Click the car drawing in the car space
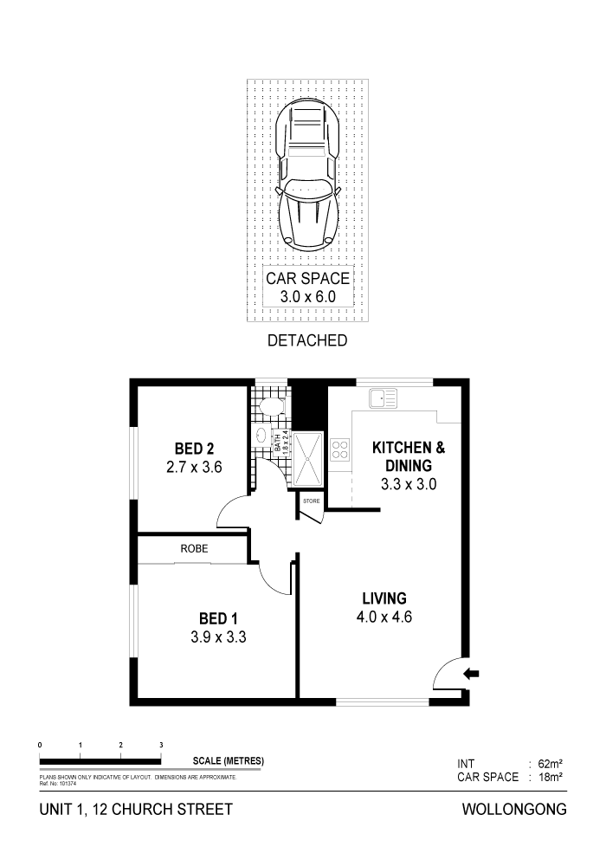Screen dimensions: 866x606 [306, 177]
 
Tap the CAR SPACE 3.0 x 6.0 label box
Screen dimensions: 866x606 [307, 288]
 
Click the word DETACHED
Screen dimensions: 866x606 [308, 340]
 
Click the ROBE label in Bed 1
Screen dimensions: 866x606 [194, 549]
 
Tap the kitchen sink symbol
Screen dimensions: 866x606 [382, 399]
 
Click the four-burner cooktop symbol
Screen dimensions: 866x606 [339, 449]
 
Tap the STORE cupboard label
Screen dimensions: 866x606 [310, 501]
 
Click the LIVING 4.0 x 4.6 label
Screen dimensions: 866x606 [384, 606]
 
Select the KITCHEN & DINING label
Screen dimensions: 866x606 [408, 465]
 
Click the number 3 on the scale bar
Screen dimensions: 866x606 [161, 745]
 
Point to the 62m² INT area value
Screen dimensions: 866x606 [551, 764]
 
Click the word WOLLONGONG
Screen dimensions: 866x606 [515, 811]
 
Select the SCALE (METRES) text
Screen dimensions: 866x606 [228, 760]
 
